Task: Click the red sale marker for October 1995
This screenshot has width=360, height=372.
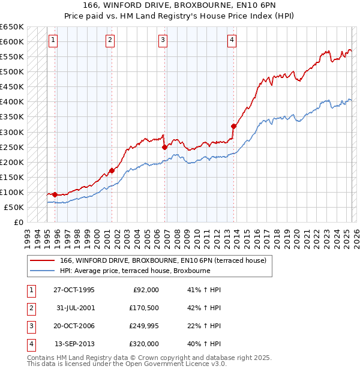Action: (x=55, y=194)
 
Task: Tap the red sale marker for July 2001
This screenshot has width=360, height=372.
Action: (x=112, y=170)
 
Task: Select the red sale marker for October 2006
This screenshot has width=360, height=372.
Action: (x=164, y=146)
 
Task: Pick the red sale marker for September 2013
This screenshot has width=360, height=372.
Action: (x=233, y=125)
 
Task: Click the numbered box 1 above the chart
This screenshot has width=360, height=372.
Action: (x=53, y=40)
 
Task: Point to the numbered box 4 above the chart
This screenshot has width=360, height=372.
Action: (x=232, y=40)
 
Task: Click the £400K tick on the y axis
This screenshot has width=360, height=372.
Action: (x=13, y=101)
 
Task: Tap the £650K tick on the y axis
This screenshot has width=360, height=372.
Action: (x=13, y=27)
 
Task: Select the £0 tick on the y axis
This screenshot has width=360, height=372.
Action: (x=18, y=222)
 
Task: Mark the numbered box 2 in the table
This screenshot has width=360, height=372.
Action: (x=31, y=308)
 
